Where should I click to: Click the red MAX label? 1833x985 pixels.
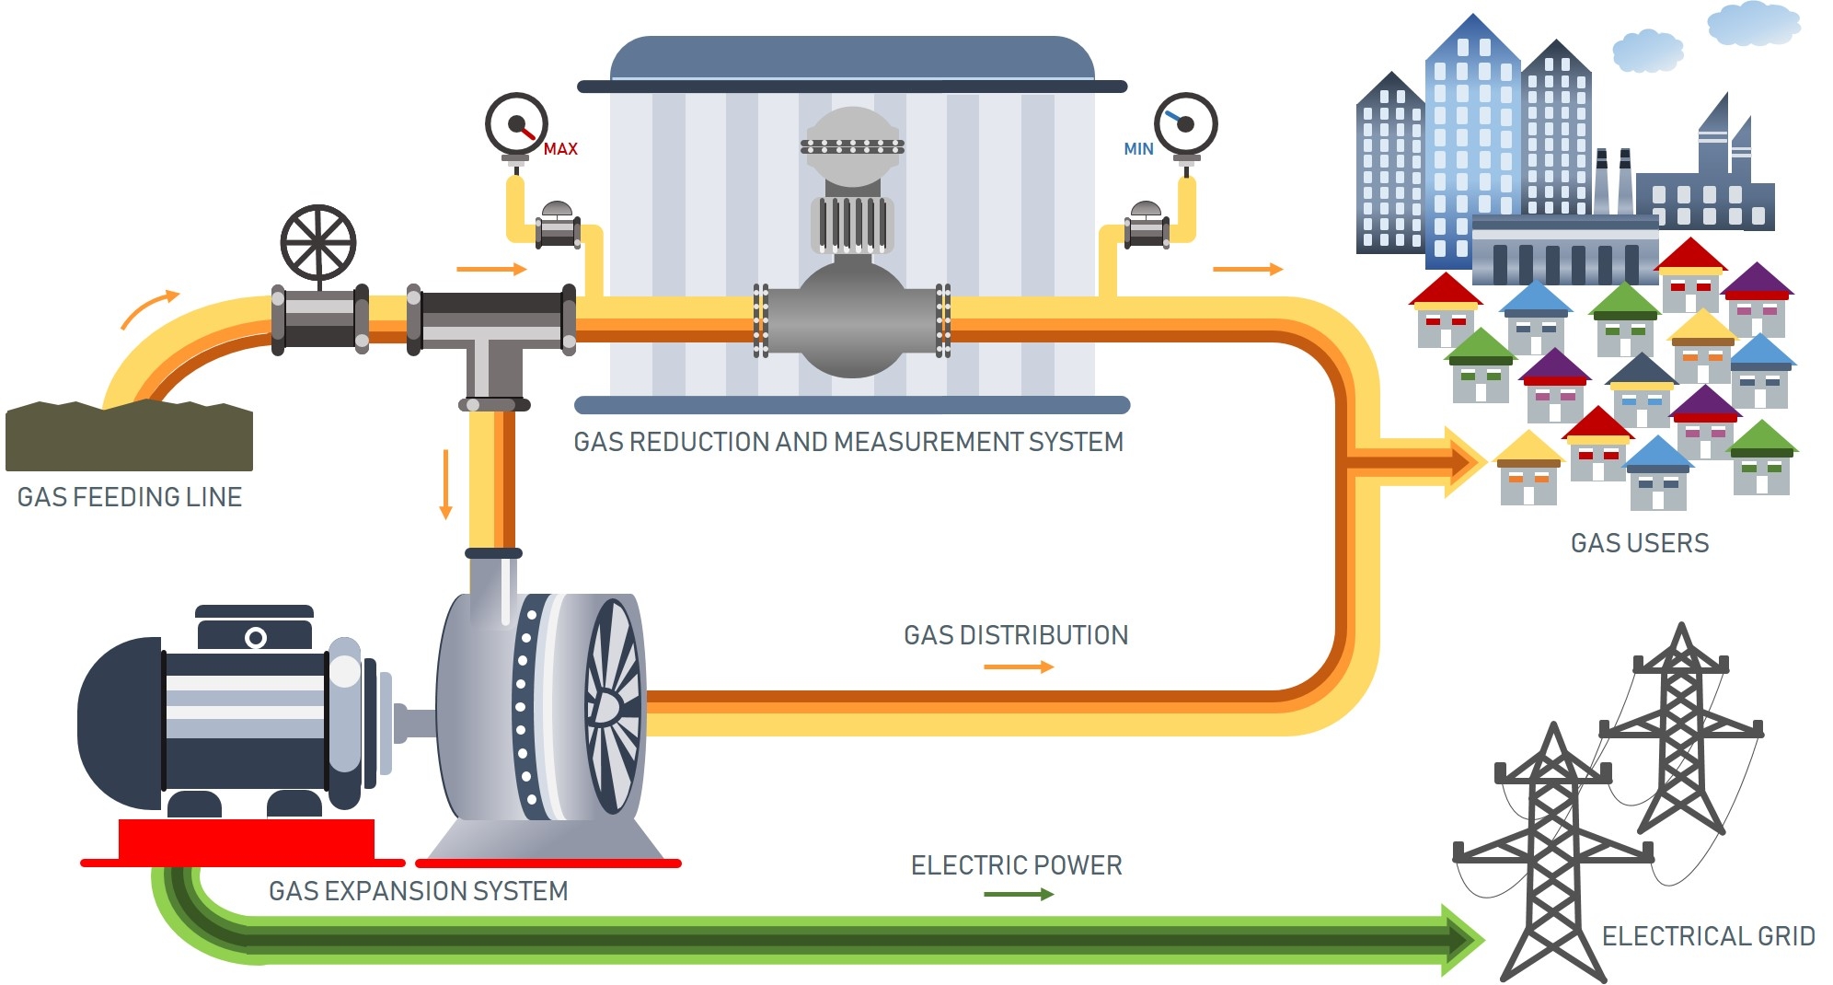[560, 149]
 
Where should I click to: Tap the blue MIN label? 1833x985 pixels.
[1138, 149]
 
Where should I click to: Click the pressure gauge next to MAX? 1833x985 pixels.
[516, 123]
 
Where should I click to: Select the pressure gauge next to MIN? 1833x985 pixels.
[1185, 123]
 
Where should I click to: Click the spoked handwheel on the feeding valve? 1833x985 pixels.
[318, 242]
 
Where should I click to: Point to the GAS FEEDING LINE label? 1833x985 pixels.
[130, 497]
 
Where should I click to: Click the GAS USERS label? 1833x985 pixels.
[1640, 543]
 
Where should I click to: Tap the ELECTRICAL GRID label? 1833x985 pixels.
[1708, 936]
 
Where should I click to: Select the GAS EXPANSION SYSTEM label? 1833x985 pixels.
[419, 891]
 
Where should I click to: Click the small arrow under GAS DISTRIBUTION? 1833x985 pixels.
[1019, 666]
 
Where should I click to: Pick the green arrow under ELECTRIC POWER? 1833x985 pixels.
[1019, 894]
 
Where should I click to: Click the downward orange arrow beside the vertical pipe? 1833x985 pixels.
[446, 484]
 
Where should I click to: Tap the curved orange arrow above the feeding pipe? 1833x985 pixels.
[149, 308]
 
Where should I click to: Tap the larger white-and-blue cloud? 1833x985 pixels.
[1753, 24]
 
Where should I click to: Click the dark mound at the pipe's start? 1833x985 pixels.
[129, 437]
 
